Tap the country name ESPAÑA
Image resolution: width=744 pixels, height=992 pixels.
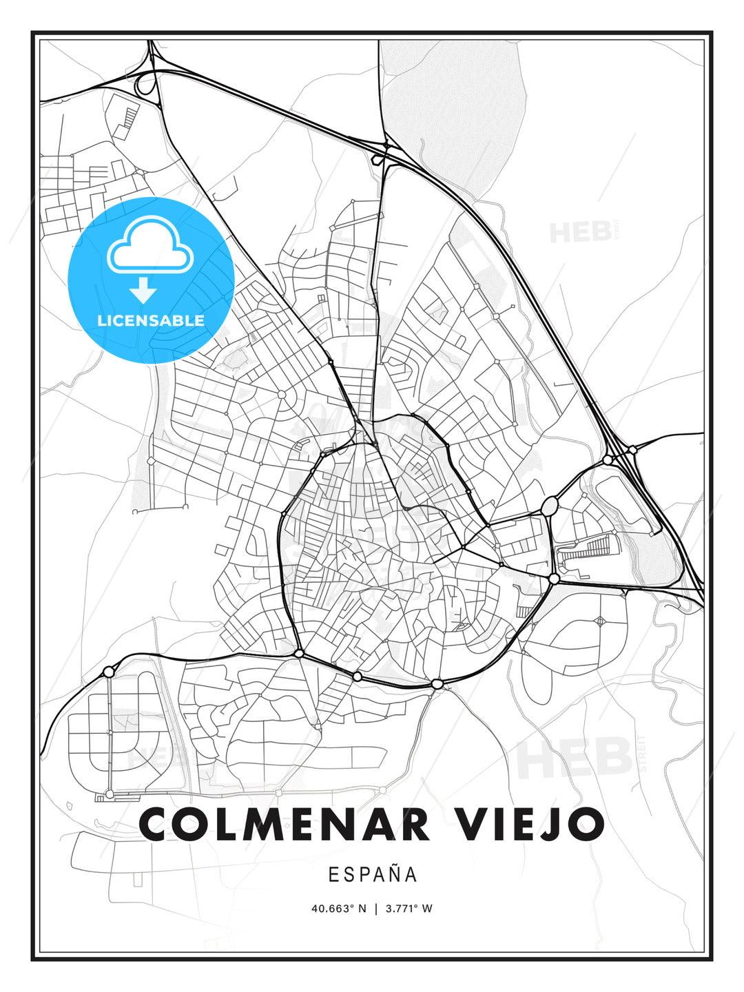point(373,874)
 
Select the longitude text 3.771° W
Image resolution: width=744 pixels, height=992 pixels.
point(409,909)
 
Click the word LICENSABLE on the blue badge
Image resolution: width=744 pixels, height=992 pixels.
point(151,320)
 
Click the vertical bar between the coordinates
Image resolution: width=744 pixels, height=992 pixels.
point(376,909)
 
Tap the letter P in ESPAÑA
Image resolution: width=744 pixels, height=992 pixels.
point(363,874)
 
